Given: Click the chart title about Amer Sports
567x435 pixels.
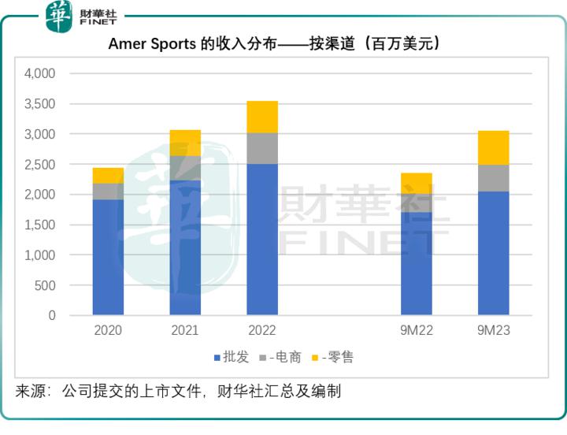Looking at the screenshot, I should [x=273, y=44].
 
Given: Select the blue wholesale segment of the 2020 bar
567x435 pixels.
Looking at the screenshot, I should [x=108, y=257].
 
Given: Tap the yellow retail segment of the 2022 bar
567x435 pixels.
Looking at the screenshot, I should [x=262, y=117].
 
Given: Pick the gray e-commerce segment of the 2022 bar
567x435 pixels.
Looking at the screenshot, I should [x=262, y=148].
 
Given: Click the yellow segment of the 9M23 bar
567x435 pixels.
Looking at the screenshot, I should [x=494, y=147].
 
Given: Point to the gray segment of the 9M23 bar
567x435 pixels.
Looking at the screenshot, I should [x=494, y=178].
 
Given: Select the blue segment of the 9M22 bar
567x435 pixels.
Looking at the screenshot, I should [x=417, y=263].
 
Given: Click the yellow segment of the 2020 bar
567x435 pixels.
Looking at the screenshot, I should [x=108, y=175].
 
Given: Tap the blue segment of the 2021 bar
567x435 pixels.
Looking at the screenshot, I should [x=185, y=247].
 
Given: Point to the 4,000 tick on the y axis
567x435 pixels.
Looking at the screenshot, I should [x=40, y=74].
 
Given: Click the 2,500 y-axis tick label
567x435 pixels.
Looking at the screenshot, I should [x=40, y=165].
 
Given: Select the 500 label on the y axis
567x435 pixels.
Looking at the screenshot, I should [x=46, y=285].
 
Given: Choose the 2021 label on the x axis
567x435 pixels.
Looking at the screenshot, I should [x=185, y=331].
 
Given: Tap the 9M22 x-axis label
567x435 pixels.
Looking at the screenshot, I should [x=417, y=331].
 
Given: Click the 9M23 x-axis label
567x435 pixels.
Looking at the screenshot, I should [x=494, y=331].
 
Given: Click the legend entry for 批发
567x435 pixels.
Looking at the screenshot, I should [x=232, y=358].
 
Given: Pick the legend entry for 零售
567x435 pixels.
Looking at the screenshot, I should [x=334, y=358].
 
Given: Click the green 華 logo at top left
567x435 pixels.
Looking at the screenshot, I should [x=59, y=17].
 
